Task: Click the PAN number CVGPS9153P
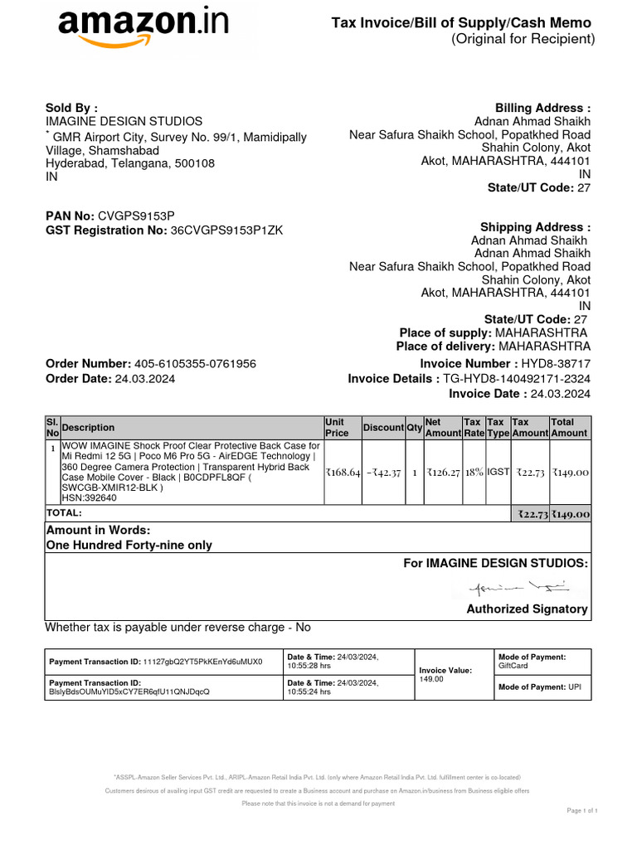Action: [137, 216]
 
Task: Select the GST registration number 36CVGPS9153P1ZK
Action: [226, 230]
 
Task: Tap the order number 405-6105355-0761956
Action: [195, 364]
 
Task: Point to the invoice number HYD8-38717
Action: [556, 364]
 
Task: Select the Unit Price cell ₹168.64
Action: [343, 472]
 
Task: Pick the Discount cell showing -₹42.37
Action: [383, 472]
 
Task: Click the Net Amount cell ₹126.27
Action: [443, 472]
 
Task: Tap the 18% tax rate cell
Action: [474, 472]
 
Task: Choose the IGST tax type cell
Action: [498, 472]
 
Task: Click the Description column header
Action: [89, 428]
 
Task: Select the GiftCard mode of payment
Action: [515, 666]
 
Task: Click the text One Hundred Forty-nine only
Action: [129, 546]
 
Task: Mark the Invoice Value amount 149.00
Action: [431, 680]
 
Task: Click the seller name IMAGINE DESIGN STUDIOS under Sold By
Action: [124, 122]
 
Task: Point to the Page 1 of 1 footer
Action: [581, 810]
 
